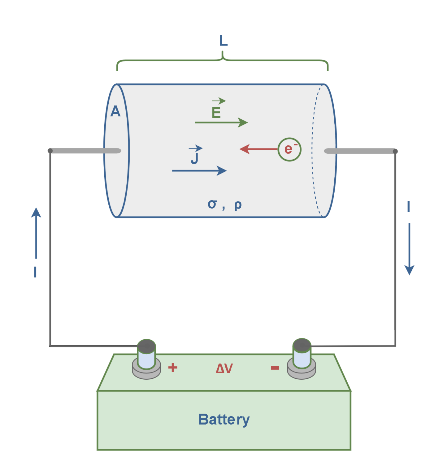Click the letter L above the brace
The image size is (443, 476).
click(x=223, y=41)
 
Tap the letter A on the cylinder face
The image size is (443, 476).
click(x=115, y=111)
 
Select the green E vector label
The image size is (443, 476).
click(x=216, y=112)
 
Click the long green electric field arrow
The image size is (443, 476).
click(x=221, y=123)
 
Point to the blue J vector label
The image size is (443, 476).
click(x=195, y=158)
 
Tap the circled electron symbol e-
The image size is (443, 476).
click(x=289, y=149)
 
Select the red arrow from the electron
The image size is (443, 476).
click(x=258, y=149)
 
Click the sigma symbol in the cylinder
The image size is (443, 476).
click(x=212, y=204)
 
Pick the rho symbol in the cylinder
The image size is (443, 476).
click(x=238, y=205)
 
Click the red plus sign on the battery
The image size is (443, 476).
click(x=173, y=368)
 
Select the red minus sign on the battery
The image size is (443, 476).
click(x=275, y=368)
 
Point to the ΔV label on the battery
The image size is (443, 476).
click(x=224, y=368)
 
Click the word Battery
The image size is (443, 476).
click(x=224, y=420)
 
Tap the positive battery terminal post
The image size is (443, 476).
click(x=146, y=355)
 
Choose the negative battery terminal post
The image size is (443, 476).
click(x=302, y=354)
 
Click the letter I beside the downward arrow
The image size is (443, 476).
click(x=409, y=206)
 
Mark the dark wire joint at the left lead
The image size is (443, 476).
click(x=50, y=151)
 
